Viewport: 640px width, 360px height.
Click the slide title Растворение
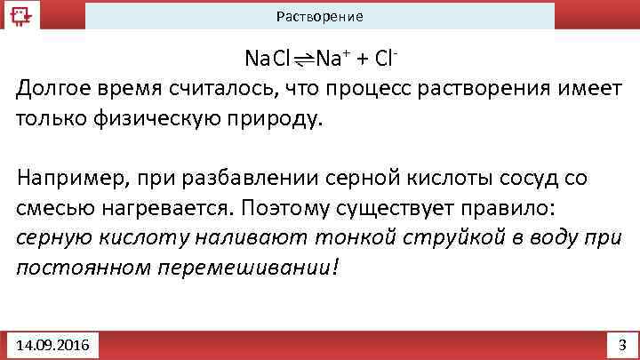tap(319, 17)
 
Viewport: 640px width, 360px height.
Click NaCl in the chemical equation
tap(268, 60)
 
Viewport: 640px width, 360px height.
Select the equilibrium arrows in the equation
tap(303, 60)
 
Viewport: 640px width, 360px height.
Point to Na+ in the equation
tap(331, 60)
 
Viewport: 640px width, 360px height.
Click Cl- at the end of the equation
tap(386, 60)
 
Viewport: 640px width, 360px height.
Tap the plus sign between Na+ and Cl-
tap(362, 60)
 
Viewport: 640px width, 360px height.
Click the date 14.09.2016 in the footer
tap(52, 344)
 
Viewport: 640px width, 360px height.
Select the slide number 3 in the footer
tap(621, 344)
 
